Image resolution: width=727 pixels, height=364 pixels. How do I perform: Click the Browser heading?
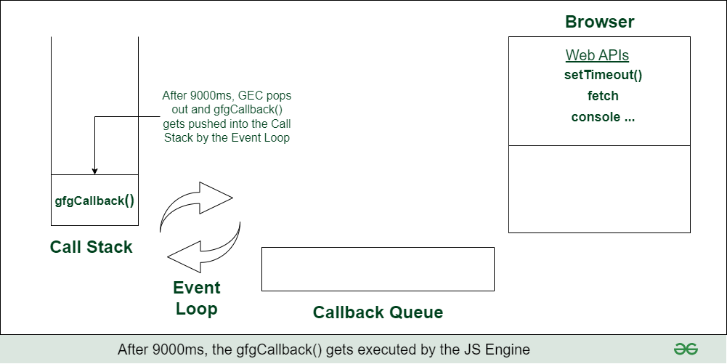(599, 22)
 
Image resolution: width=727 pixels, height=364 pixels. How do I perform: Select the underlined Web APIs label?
(597, 56)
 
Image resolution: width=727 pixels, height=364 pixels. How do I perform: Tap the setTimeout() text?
(603, 75)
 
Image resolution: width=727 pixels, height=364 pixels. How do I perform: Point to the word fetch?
(603, 96)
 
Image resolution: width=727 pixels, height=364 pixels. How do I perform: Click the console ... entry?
(603, 117)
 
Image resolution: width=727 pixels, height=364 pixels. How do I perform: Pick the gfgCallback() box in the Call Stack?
(94, 201)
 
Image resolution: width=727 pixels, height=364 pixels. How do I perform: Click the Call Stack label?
(92, 247)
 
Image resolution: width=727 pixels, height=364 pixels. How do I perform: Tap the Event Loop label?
(196, 298)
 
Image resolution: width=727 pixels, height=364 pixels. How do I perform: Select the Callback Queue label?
(378, 312)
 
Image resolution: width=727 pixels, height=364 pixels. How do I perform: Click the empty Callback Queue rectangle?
(378, 269)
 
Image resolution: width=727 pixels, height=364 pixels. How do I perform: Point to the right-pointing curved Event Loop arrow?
(196, 207)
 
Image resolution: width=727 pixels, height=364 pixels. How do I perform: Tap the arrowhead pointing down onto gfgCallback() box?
(94, 171)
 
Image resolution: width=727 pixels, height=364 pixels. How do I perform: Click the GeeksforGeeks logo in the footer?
(686, 349)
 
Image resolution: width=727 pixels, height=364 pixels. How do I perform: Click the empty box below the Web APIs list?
(599, 189)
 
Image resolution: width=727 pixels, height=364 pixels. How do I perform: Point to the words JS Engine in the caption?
(500, 349)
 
